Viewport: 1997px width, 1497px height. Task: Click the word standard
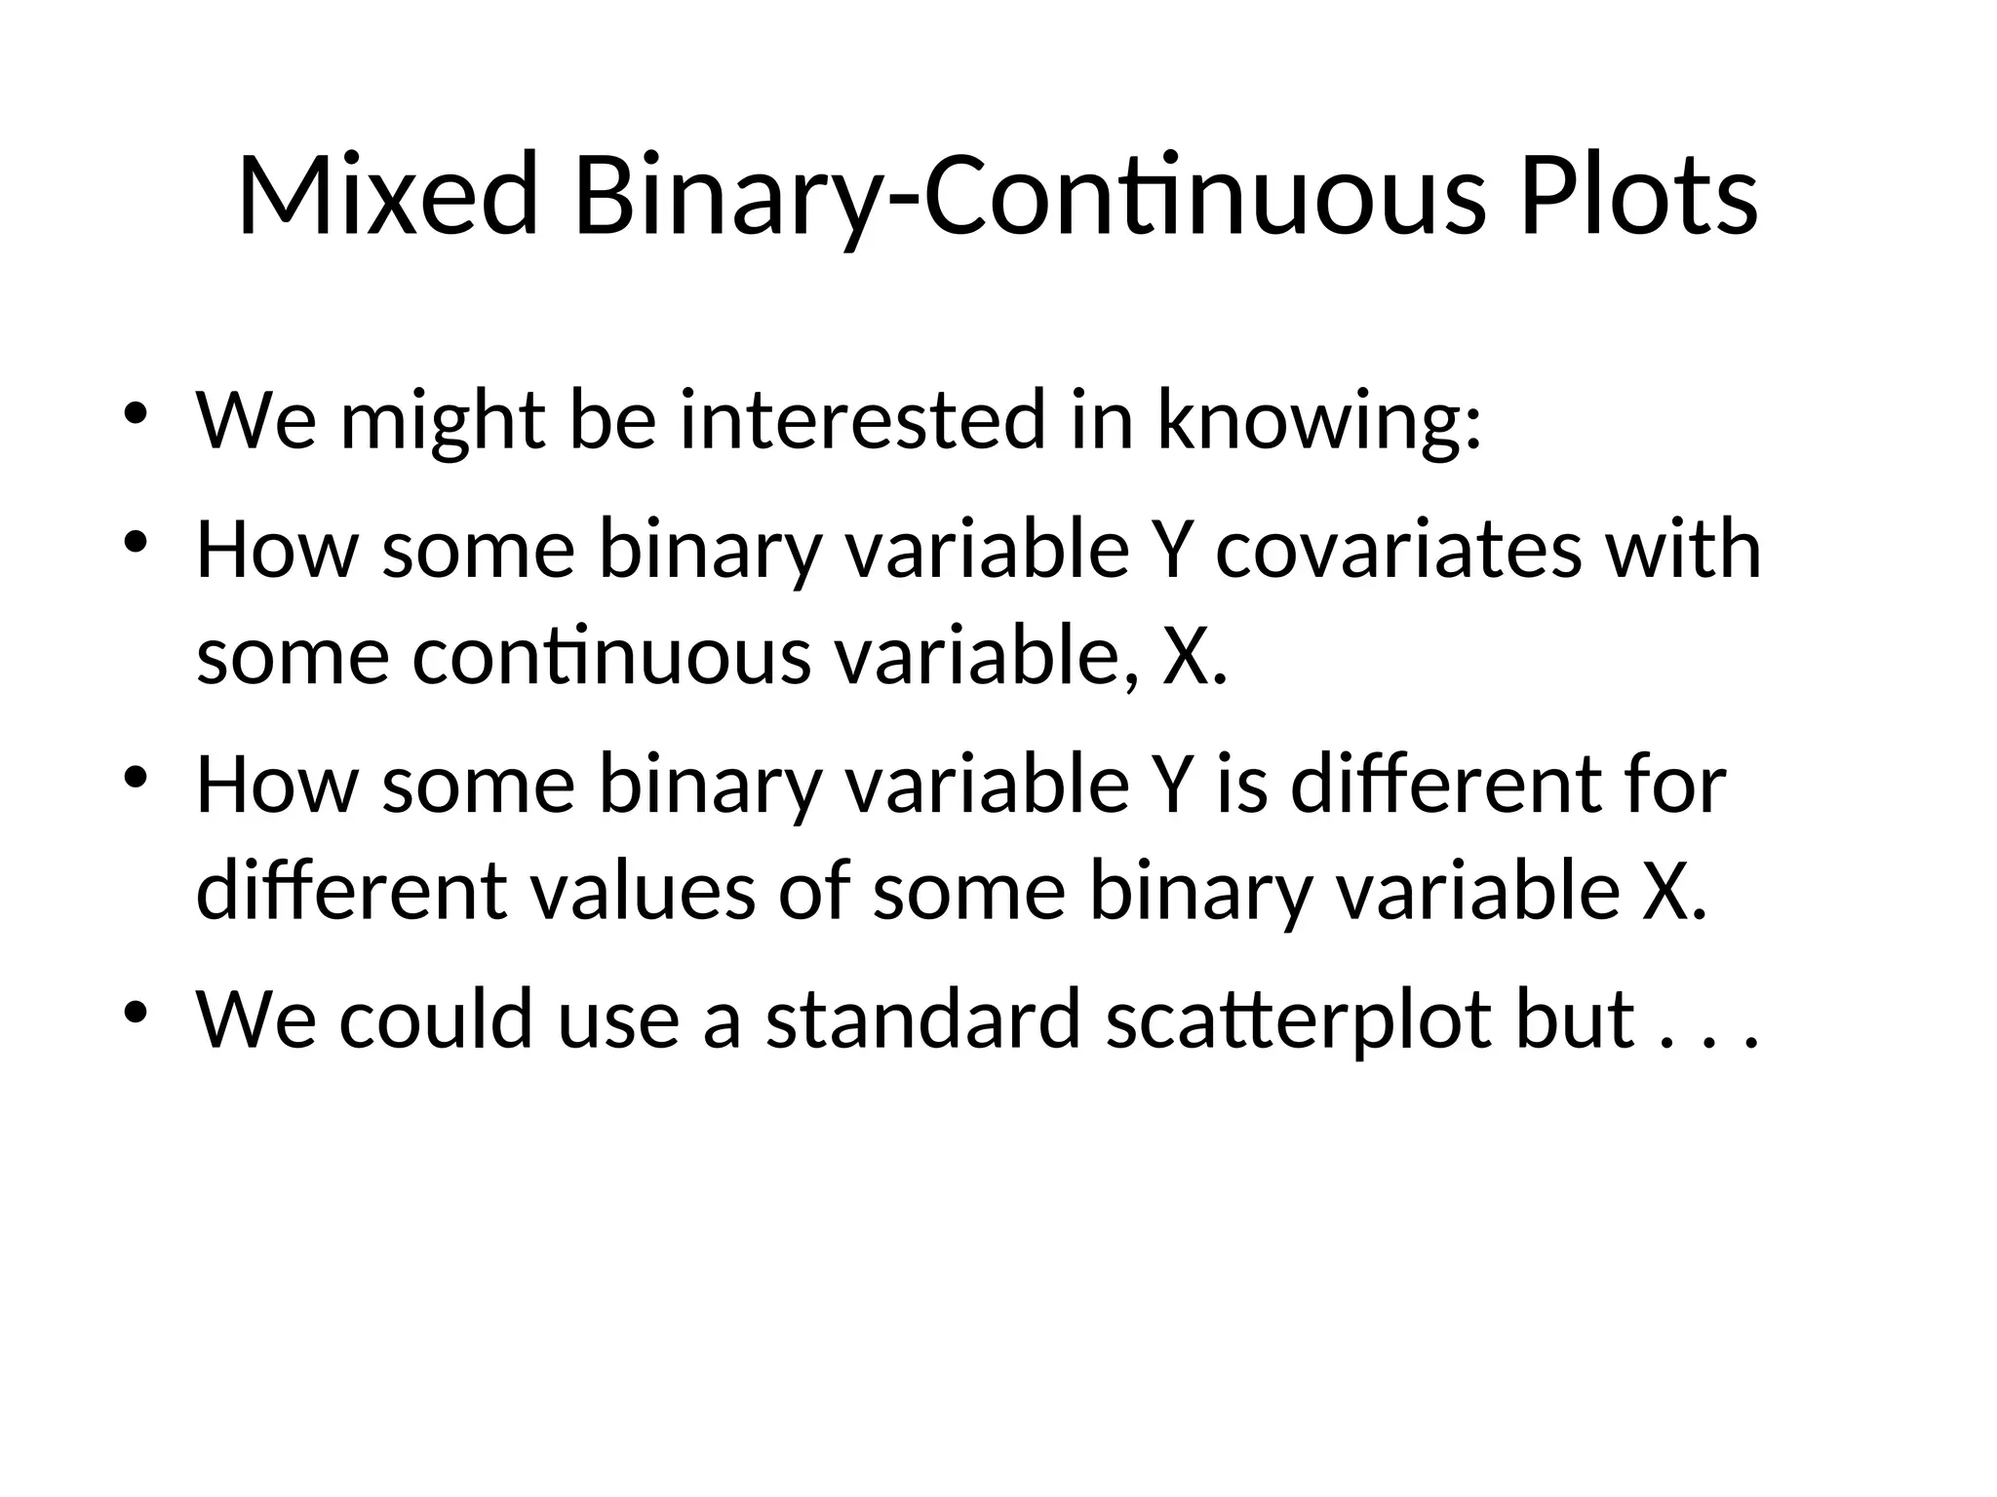pos(923,1019)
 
